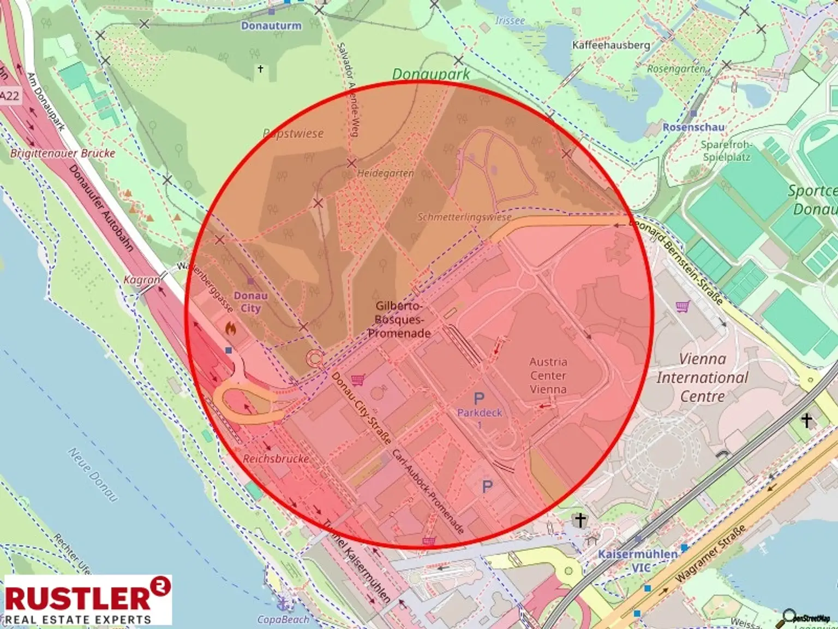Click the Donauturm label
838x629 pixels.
tap(271, 26)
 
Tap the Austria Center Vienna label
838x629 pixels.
tap(548, 376)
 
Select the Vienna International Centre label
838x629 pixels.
tap(702, 377)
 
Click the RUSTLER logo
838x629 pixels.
tap(88, 600)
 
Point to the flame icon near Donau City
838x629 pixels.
tap(231, 328)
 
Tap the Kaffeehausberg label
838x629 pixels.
tap(611, 45)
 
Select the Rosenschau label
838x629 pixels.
tap(693, 127)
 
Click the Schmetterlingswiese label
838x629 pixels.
tap(464, 217)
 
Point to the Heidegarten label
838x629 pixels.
tap(385, 174)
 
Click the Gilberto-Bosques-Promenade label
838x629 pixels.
tap(399, 319)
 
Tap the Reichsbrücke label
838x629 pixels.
tap(276, 459)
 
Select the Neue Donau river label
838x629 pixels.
tap(93, 474)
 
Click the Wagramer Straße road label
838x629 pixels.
tap(710, 553)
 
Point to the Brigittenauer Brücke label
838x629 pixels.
tap(63, 153)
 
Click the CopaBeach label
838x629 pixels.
tap(283, 619)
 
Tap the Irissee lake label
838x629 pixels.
tap(510, 21)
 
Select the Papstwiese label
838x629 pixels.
tap(293, 134)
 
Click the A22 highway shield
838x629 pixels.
tap(9, 96)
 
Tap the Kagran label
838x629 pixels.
tap(141, 280)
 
